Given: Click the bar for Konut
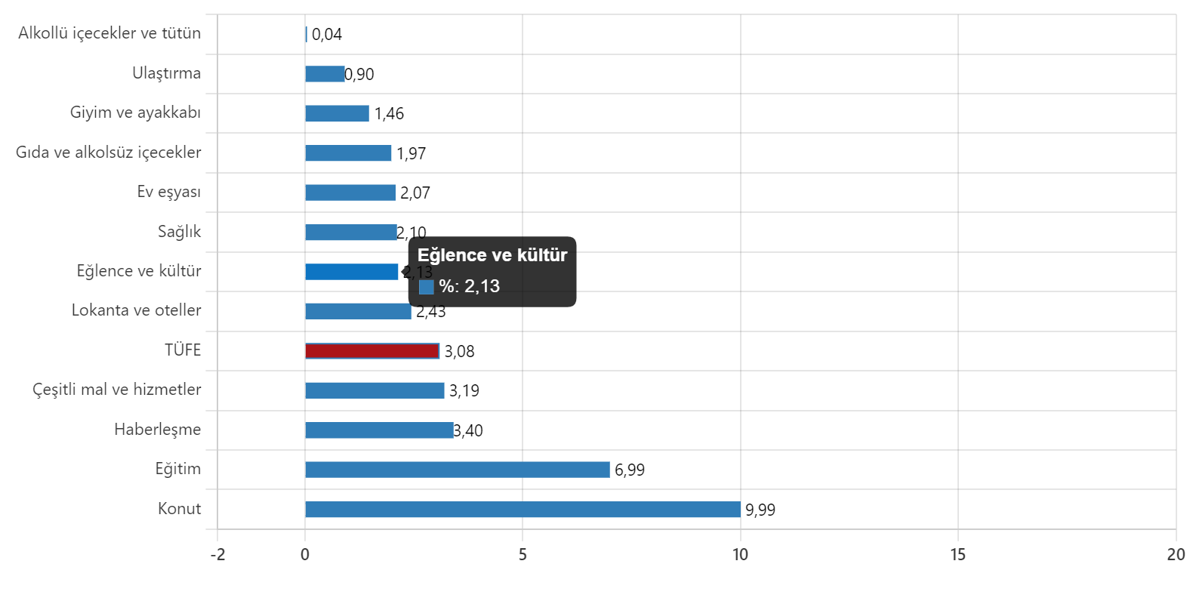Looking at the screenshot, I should [523, 510].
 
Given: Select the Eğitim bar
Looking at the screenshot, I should [457, 470].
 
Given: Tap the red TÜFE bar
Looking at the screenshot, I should [371, 351].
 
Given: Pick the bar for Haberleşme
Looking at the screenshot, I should [379, 430].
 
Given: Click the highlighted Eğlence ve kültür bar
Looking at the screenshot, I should [351, 272].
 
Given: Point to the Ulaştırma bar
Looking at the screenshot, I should [325, 74].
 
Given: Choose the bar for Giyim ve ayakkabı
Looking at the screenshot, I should [337, 113].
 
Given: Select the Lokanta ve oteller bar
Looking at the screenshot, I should [358, 311].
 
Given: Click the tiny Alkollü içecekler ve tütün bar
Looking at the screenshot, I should [306, 34].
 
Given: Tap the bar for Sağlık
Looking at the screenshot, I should [350, 233].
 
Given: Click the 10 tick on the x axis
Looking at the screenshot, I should [740, 555].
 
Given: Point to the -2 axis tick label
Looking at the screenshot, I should [217, 555].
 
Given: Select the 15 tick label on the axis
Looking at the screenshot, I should [957, 555].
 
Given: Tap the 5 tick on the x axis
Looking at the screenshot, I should [523, 555].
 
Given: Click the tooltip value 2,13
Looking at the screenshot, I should [482, 286].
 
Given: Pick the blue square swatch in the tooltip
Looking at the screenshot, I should [426, 287].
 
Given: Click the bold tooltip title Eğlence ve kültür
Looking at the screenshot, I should [492, 255].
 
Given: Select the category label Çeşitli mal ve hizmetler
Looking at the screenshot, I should [117, 390].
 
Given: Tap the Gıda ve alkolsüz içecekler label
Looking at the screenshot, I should [109, 153].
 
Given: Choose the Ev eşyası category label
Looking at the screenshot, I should [169, 192].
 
